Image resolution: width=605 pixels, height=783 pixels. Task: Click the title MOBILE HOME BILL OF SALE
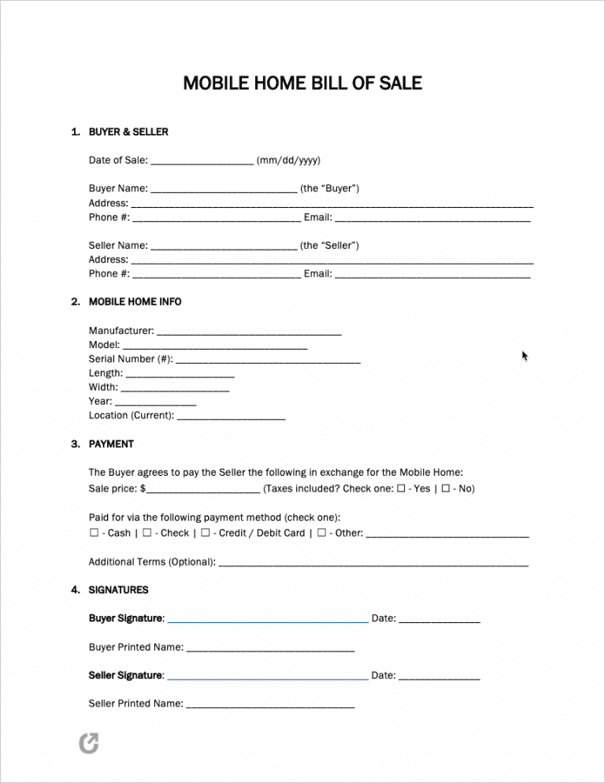click(302, 83)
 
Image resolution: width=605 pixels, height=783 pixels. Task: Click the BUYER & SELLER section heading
click(128, 132)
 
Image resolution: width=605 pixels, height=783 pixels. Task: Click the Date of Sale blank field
click(202, 161)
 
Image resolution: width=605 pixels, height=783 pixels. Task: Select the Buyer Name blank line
click(223, 190)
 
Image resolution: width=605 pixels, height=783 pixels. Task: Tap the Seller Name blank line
click(223, 247)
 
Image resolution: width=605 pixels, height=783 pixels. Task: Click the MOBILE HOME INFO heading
click(135, 302)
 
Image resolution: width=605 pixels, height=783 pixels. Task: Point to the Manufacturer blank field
click(249, 332)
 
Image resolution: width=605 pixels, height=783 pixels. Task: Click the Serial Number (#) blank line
click(268, 361)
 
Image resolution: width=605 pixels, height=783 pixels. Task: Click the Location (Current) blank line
click(231, 417)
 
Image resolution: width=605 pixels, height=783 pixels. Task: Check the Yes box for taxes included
click(402, 488)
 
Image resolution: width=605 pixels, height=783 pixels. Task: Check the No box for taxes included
click(446, 488)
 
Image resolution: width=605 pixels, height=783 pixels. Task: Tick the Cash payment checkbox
click(94, 533)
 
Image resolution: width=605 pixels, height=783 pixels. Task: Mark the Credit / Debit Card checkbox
click(205, 533)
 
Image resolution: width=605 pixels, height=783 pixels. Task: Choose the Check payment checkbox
click(147, 533)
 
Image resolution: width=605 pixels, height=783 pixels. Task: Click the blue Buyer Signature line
click(268, 621)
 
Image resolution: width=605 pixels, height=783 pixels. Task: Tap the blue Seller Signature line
click(268, 677)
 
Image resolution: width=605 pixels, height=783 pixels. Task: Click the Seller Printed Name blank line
click(269, 705)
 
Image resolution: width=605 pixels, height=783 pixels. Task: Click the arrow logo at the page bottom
click(90, 742)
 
